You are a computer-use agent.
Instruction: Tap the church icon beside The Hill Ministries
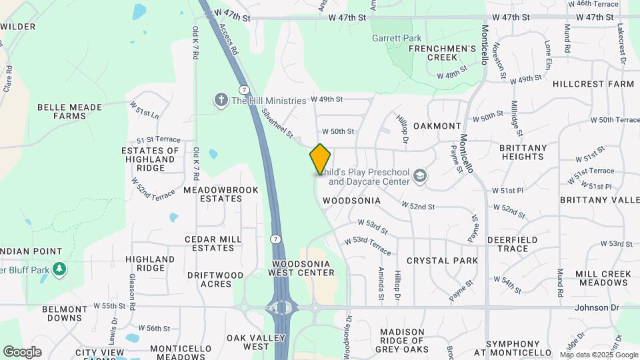tap(221, 100)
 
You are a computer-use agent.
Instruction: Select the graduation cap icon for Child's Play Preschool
tap(420, 176)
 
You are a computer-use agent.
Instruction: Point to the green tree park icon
tap(60, 269)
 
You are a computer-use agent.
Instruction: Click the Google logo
tap(21, 351)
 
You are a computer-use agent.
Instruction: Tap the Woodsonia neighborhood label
tap(351, 201)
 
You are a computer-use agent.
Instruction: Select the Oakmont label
tap(437, 126)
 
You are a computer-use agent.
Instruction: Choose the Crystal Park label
tap(442, 261)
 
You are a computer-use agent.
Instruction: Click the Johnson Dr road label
tap(597, 307)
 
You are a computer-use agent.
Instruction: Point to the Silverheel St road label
tap(277, 123)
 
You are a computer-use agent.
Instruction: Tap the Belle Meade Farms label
tap(70, 111)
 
